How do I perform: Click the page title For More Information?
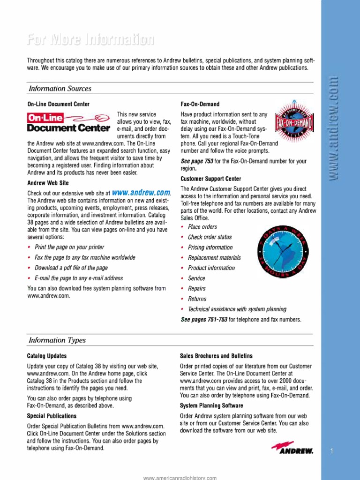click(x=90, y=41)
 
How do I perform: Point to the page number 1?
click(x=331, y=451)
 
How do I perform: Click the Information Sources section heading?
click(x=60, y=89)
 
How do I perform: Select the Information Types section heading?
click(x=57, y=340)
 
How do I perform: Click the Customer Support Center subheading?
click(x=211, y=179)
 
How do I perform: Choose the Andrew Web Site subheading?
click(x=48, y=182)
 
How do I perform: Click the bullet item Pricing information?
click(x=210, y=247)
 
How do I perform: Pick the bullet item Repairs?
click(x=196, y=289)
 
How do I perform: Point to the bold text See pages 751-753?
click(x=204, y=320)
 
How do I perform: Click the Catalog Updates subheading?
click(x=47, y=356)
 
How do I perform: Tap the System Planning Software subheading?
click(x=211, y=405)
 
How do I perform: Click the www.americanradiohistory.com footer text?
click(x=180, y=478)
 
